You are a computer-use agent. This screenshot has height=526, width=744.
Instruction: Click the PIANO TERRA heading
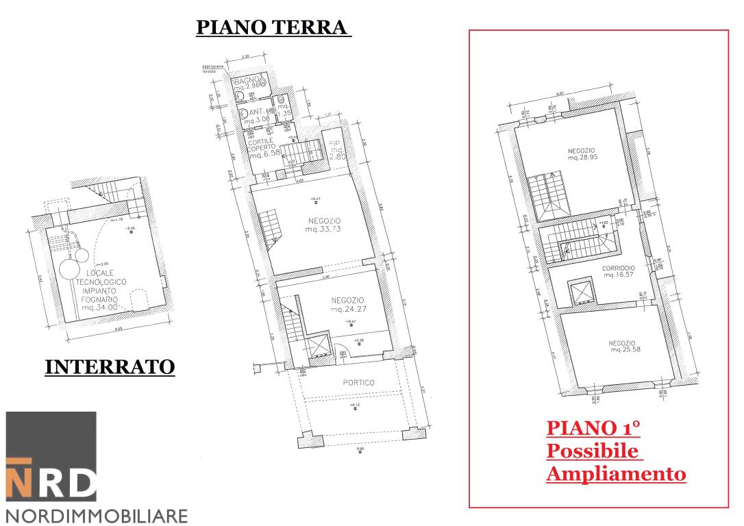point(273,27)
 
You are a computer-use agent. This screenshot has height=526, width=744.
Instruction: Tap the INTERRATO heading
point(110,366)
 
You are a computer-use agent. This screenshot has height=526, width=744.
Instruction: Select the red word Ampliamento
point(616,473)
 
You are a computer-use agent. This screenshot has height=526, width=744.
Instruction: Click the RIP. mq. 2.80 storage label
point(336,149)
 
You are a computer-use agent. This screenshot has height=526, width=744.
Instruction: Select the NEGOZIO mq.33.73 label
point(323,225)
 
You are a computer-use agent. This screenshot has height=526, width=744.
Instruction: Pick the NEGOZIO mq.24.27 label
point(347,305)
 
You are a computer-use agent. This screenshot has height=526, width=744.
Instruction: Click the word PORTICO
point(359,383)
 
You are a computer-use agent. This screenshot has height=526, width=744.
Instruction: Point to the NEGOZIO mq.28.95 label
point(582,153)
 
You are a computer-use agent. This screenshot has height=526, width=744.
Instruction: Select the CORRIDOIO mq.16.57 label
point(619,271)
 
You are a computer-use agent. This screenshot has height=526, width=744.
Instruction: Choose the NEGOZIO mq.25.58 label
point(622,346)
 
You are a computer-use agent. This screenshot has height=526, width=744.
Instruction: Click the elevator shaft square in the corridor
point(582,292)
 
